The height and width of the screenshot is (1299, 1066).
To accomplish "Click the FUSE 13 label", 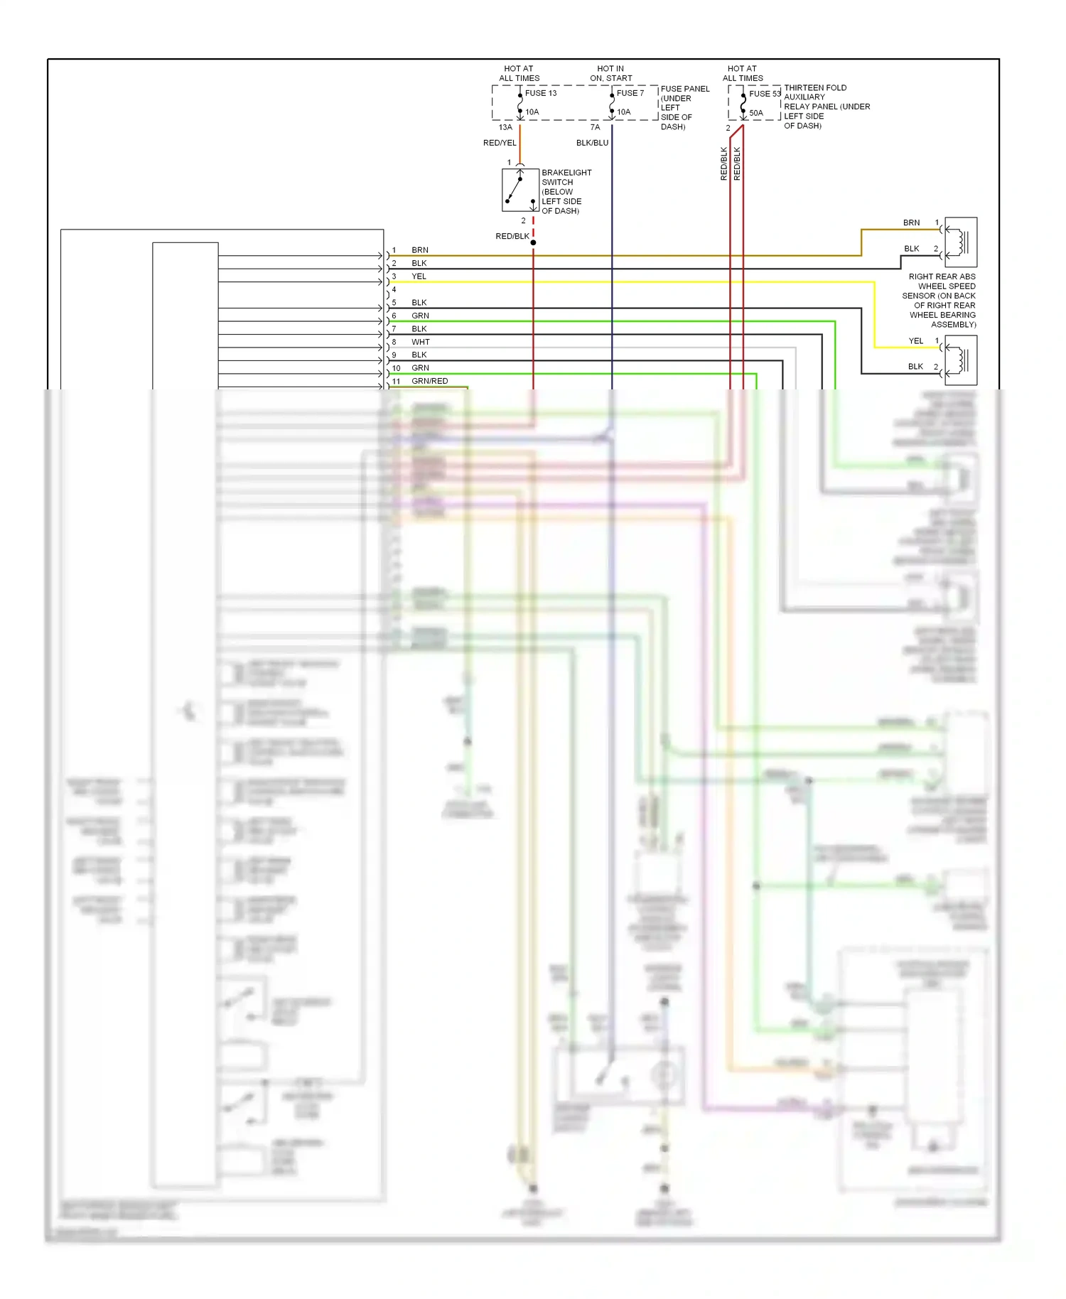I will coord(541,93).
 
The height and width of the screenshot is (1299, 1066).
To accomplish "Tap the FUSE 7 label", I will coord(630,93).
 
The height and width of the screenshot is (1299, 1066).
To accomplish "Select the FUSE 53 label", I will coord(765,94).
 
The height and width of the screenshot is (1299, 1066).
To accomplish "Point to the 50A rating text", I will coord(756,113).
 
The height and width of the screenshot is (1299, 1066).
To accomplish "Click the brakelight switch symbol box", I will coord(520,190).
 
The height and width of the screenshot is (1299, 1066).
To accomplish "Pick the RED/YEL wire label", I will coord(500,143).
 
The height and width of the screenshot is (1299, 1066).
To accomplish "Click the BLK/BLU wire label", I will coord(592,143).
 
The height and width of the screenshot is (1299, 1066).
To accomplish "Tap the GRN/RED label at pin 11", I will coord(430,381).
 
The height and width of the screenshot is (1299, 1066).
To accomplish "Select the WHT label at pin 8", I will coord(421,342).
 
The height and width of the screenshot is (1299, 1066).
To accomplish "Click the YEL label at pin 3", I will coord(419,276).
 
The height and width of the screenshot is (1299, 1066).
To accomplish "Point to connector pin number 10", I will coord(397,368).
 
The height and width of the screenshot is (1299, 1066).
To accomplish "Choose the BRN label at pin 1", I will coord(420,250).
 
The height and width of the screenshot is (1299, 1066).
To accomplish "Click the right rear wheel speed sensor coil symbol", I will coord(961,242).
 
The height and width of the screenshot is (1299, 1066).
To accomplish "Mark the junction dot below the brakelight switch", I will coord(533,243).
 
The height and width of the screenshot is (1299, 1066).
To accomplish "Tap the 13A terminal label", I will coord(505,127).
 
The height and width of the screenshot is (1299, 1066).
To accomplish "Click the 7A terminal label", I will coord(595,127).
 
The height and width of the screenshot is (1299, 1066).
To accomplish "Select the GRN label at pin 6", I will coord(421,316).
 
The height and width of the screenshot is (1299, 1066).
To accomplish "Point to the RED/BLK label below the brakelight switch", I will coord(512,236).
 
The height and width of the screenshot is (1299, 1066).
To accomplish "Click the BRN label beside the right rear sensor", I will coord(911,223).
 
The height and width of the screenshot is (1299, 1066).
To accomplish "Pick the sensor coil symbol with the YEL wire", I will coord(961,360).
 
